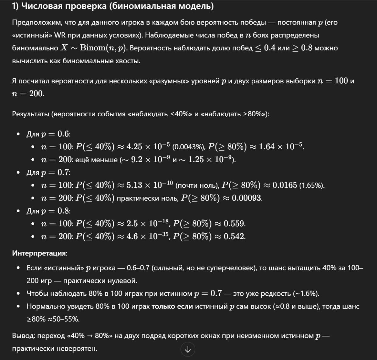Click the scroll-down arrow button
tap(188, 349)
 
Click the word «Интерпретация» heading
tap(40, 253)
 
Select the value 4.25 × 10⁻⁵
tap(148, 147)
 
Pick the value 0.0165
tap(284, 185)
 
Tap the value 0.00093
tap(247, 198)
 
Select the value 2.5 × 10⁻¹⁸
tap(148, 224)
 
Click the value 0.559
tap(234, 224)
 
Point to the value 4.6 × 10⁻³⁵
tap(148, 236)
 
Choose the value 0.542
tap(234, 236)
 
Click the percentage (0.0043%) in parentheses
tap(188, 147)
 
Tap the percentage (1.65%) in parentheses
tap(311, 186)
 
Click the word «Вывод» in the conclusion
tap(23, 336)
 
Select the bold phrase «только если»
tap(172, 306)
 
